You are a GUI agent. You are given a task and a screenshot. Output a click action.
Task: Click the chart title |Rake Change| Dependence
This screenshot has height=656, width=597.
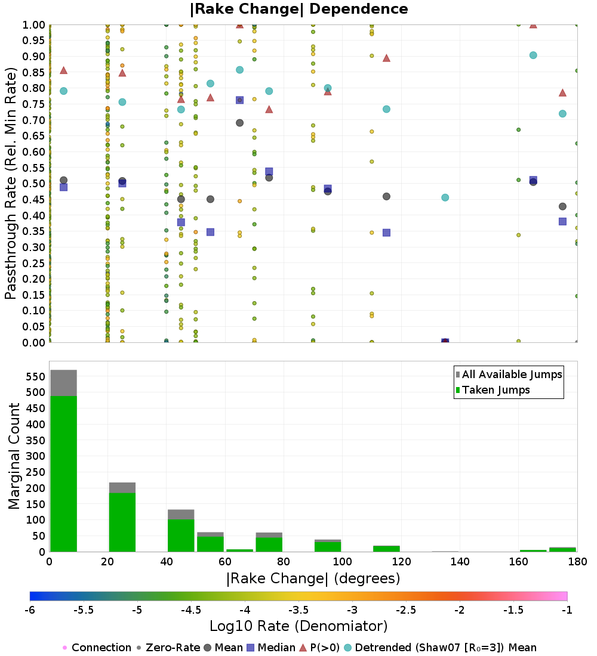298,9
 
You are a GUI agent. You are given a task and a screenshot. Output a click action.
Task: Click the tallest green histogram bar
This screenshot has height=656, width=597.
64,474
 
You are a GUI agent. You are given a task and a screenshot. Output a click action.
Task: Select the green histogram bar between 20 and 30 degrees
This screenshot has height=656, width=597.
122,522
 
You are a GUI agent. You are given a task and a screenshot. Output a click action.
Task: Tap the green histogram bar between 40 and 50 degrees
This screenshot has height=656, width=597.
181,536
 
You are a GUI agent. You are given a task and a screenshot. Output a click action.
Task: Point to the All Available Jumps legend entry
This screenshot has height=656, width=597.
509,375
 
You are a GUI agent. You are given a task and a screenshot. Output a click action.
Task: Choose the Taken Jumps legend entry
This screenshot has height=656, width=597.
493,390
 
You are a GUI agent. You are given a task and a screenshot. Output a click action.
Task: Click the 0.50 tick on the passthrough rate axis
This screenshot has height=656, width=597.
33,184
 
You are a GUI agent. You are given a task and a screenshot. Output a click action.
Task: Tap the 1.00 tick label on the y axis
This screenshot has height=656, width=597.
33,25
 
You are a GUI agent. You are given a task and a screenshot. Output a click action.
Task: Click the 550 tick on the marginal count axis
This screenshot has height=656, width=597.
36,376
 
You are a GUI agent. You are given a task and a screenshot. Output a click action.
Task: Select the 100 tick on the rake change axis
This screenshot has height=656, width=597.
342,561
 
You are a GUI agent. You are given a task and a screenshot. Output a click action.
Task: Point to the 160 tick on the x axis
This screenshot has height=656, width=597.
519,561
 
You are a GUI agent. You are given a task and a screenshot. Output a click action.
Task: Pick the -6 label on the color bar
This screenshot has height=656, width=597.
30,610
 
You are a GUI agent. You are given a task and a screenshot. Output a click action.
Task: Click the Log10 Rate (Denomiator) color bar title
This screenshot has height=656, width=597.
298,626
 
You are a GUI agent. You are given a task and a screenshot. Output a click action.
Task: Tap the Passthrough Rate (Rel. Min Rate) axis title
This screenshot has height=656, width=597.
11,183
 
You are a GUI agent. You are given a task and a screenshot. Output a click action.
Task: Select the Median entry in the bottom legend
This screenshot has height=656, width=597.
270,648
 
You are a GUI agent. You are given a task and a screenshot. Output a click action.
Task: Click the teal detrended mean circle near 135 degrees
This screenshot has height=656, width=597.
445,197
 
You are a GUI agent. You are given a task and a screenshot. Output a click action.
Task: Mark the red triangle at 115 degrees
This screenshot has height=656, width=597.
386,58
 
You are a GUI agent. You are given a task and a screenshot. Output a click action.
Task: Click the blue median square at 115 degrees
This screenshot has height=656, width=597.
386,233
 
